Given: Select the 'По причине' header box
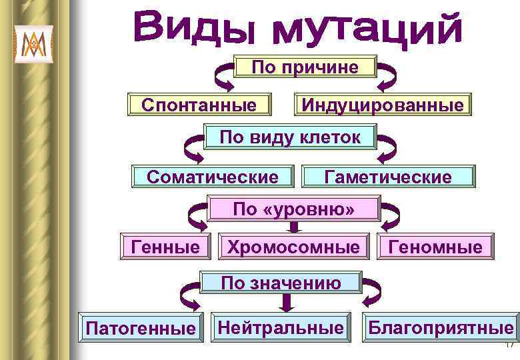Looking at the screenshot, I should [x=305, y=67].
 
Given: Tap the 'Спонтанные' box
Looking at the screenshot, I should [x=199, y=105].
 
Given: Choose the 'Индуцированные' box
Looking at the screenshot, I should [x=382, y=105].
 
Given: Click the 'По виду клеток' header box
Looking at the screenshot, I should [x=290, y=138].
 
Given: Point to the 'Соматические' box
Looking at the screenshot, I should [x=212, y=177].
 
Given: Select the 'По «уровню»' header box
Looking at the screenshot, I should [x=293, y=209].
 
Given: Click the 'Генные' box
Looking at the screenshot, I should [x=165, y=247].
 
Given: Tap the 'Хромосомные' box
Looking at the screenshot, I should [x=293, y=247].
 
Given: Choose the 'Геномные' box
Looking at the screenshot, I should [x=436, y=247].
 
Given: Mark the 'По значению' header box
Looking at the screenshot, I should [x=281, y=283].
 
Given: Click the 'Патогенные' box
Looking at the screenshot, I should [x=140, y=327].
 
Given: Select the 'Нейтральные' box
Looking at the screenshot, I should [x=281, y=327].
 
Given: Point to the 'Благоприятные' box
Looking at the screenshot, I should [x=441, y=327].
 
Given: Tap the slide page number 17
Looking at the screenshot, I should [x=509, y=345].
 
